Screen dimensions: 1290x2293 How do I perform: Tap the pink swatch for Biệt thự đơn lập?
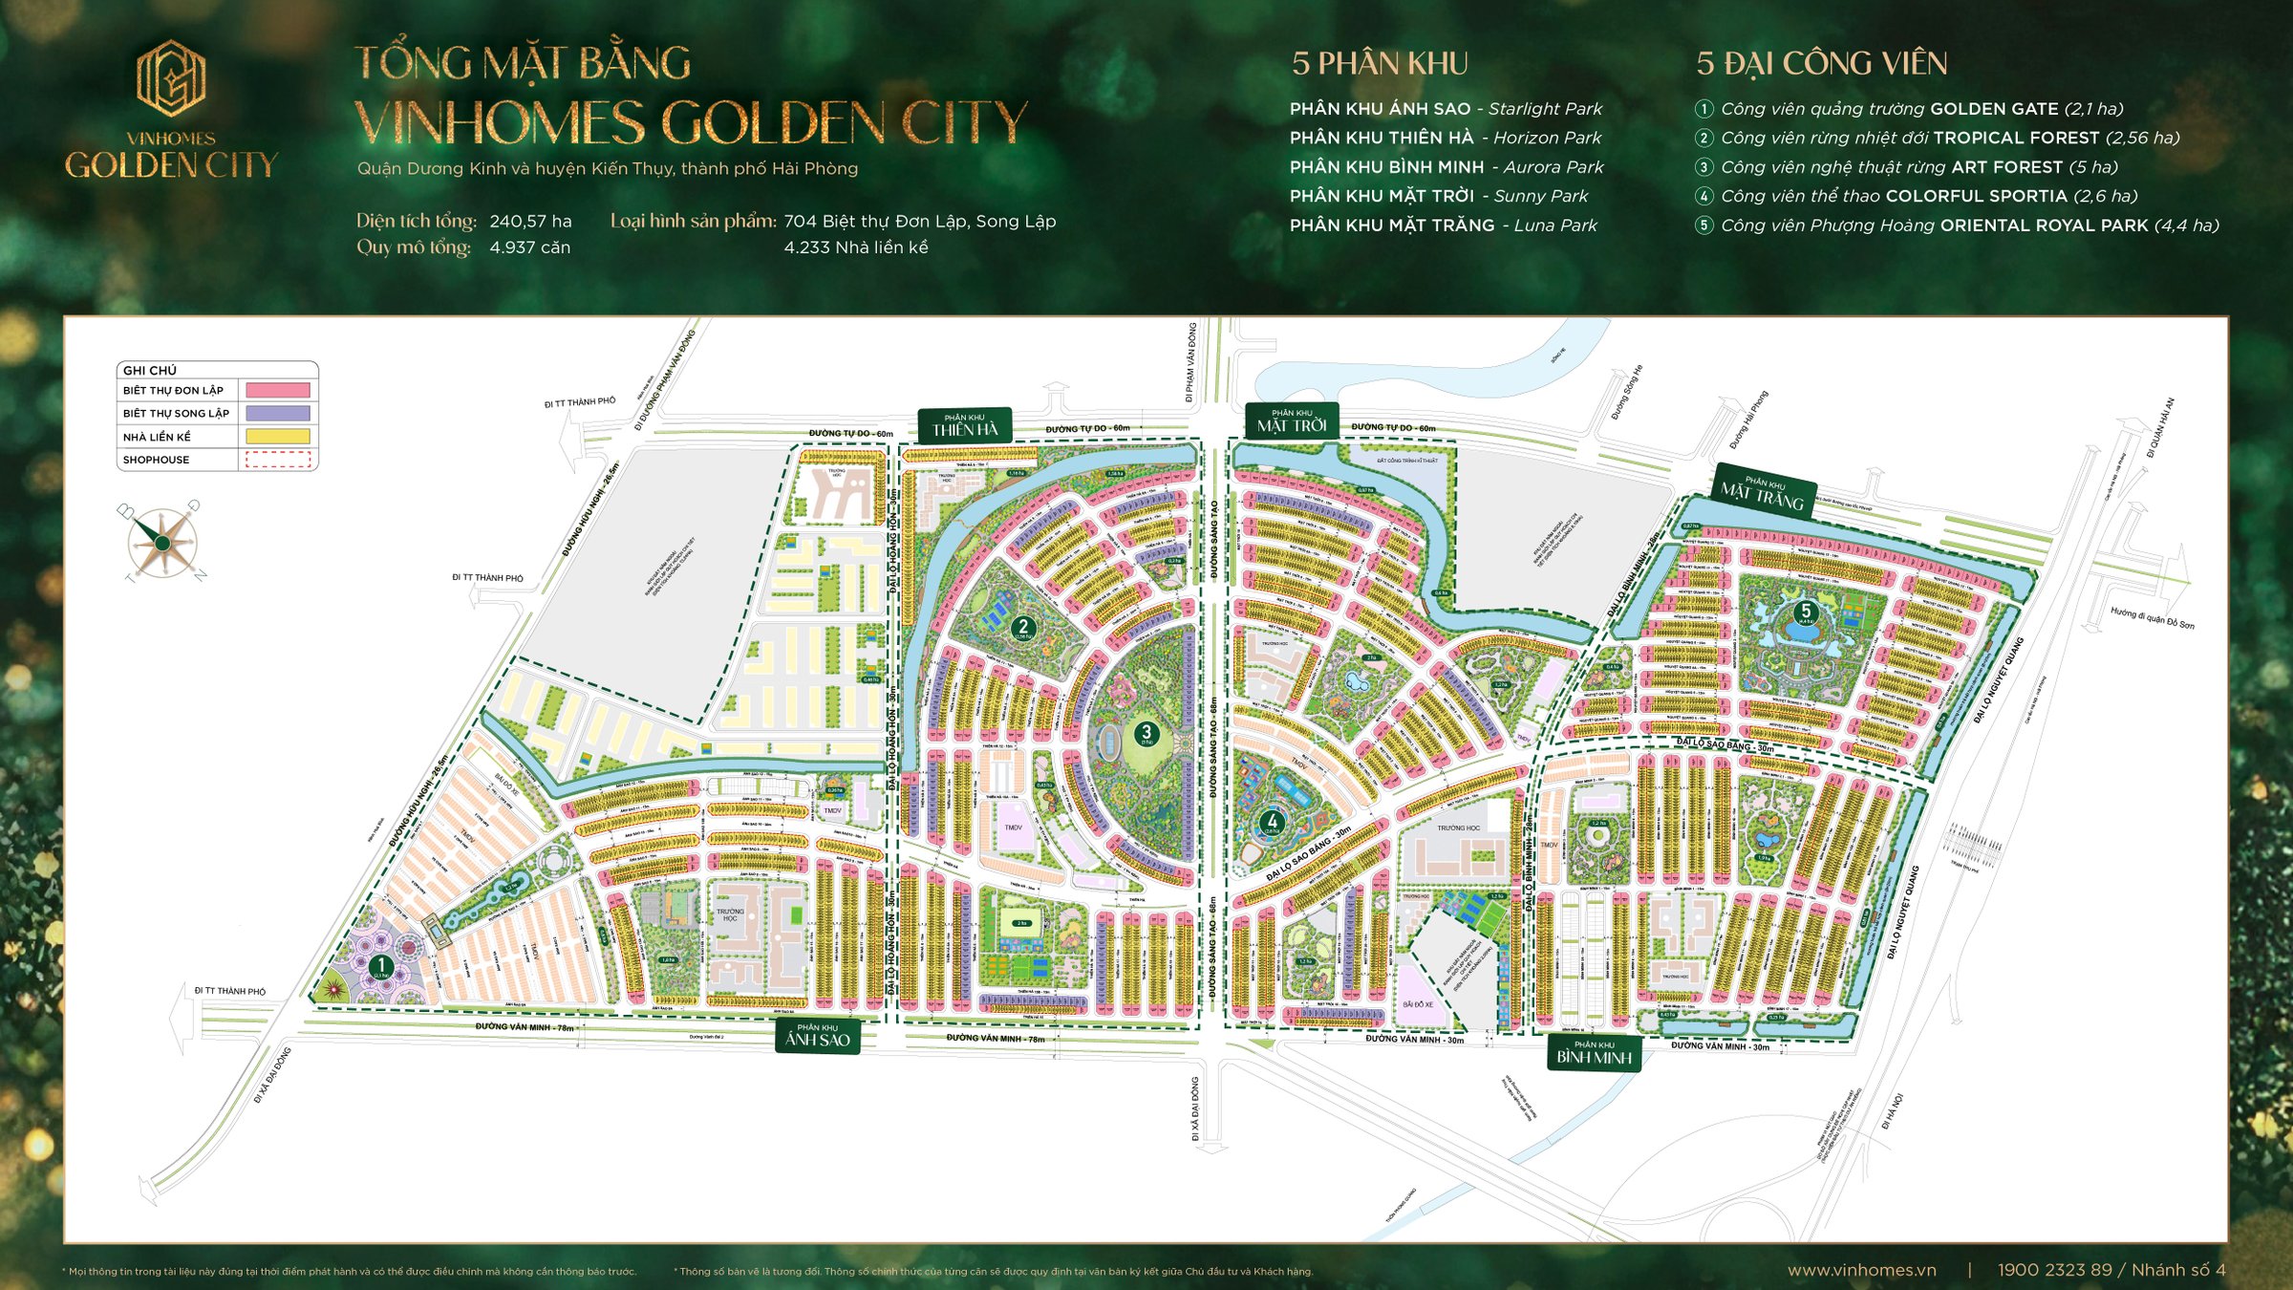pyautogui.click(x=278, y=390)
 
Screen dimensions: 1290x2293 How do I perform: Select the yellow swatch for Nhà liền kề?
pyautogui.click(x=278, y=437)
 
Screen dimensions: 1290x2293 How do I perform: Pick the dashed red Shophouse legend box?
pyautogui.click(x=278, y=460)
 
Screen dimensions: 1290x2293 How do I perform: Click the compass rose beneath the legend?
pyautogui.click(x=162, y=542)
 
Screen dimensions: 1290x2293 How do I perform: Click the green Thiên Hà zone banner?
pyautogui.click(x=965, y=425)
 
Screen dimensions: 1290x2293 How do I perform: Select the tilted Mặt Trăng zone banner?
pyautogui.click(x=1764, y=490)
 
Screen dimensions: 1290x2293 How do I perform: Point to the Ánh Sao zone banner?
pyautogui.click(x=818, y=1036)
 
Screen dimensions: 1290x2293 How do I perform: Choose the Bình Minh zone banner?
pyautogui.click(x=1594, y=1053)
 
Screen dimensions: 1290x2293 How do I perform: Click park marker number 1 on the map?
pyautogui.click(x=380, y=966)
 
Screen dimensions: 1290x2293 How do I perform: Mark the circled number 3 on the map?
pyautogui.click(x=1146, y=734)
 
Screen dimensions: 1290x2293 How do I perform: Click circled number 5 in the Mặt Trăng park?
pyautogui.click(x=1805, y=612)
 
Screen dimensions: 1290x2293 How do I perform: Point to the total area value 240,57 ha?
pyautogui.click(x=530, y=222)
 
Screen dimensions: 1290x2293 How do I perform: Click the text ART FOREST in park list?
pyautogui.click(x=2006, y=167)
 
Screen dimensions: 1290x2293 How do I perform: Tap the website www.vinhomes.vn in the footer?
pyautogui.click(x=1861, y=1270)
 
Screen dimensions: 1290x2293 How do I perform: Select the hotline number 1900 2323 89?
pyautogui.click(x=2054, y=1270)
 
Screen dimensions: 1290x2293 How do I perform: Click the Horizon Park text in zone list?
pyautogui.click(x=1547, y=138)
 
